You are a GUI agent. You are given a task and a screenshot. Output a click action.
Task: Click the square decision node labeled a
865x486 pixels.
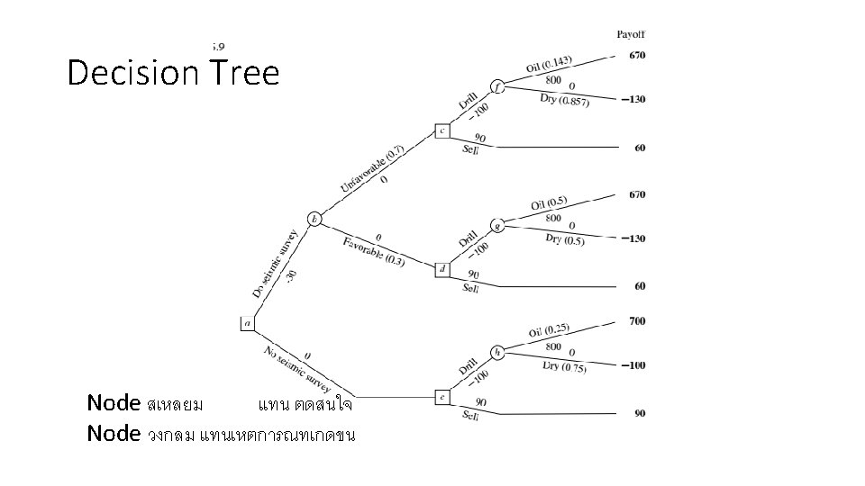[248, 322]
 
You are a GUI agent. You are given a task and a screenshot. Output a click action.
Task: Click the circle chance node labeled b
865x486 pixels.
[314, 219]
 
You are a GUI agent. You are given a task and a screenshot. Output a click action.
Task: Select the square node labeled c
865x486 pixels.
[442, 130]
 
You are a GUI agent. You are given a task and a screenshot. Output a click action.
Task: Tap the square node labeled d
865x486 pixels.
[442, 268]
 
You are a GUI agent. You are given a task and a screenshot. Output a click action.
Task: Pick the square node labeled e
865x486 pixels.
[442, 396]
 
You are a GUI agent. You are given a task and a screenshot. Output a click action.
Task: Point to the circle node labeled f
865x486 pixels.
[497, 87]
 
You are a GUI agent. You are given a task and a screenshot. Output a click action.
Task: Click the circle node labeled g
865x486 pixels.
[497, 226]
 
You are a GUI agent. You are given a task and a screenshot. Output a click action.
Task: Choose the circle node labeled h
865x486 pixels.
[497, 352]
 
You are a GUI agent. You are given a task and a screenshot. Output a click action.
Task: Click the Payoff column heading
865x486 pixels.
[631, 34]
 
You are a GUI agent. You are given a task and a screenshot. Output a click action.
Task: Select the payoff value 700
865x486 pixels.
[637, 320]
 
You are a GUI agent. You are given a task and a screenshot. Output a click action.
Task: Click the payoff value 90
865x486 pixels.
[640, 414]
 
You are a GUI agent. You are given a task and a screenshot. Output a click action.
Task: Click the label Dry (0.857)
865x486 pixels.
[565, 100]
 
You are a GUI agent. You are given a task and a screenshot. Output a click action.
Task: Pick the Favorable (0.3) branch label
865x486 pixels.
[374, 251]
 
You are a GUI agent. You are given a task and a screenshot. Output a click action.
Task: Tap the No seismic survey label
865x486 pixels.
[298, 364]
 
